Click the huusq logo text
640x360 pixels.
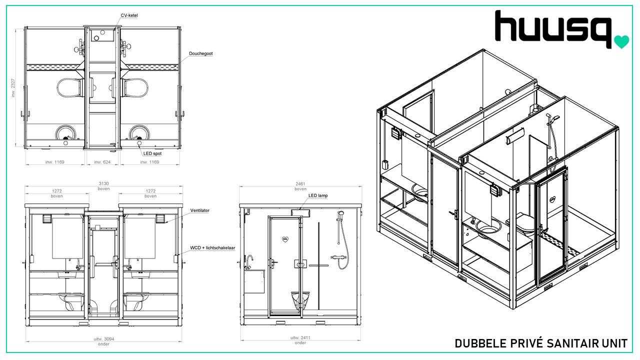point(553,28)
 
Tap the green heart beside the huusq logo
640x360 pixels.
point(621,41)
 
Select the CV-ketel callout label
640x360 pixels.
point(129,15)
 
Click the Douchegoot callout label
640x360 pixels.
point(201,53)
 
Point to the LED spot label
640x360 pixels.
point(152,153)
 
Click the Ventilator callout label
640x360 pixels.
point(199,210)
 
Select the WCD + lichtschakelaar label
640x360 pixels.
point(212,247)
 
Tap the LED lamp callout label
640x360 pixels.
point(318,195)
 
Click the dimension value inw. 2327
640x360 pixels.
point(13,87)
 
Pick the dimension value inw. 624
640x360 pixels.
point(102,162)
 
